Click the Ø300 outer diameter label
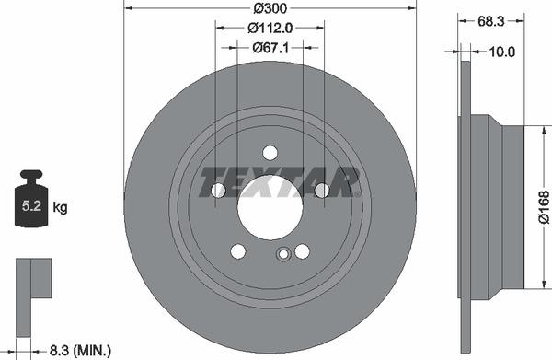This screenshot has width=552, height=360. click(270, 7)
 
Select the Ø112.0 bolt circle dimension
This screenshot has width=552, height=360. click(270, 28)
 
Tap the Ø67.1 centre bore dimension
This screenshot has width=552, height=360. click(270, 48)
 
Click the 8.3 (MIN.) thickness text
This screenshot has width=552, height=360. click(81, 349)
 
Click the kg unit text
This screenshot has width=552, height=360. click(60, 208)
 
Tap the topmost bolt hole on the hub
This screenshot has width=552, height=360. click(270, 152)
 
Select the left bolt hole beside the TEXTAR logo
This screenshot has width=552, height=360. click(219, 190)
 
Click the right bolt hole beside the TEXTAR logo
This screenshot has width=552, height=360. click(321, 190)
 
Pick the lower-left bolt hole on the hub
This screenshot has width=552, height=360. click(238, 250)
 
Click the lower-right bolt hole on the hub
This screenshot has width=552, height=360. click(302, 250)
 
